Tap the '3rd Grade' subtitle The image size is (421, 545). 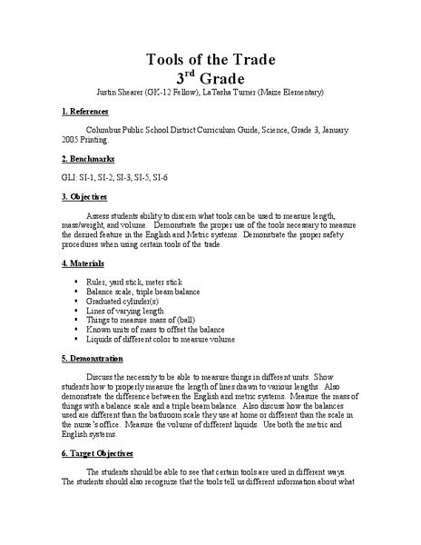[x=210, y=79]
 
